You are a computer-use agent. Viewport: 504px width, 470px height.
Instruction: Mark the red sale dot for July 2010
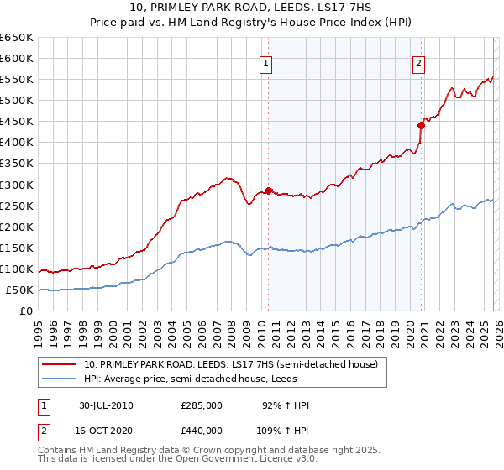(268, 191)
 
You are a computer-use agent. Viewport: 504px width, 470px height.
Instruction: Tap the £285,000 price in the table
(202, 405)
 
